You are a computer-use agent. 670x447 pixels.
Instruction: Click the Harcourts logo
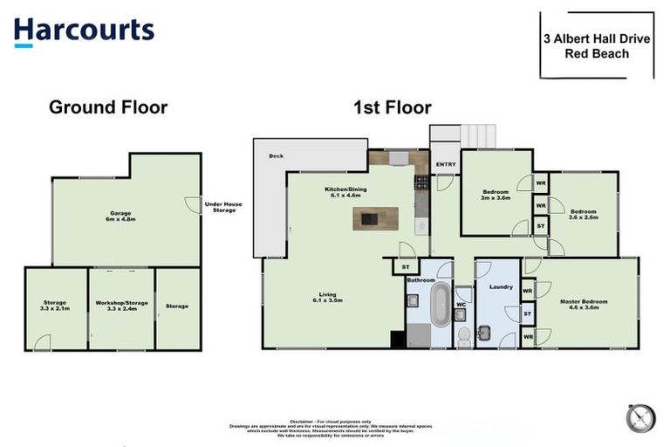click(x=84, y=31)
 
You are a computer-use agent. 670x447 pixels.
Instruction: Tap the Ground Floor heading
click(x=107, y=107)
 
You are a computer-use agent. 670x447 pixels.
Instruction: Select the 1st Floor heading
click(x=392, y=107)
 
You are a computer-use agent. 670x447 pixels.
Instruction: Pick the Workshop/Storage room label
click(x=121, y=306)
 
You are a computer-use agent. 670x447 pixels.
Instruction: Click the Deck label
click(x=277, y=156)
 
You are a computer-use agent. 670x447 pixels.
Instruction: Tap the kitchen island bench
click(x=375, y=218)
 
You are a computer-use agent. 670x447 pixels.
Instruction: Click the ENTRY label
click(x=445, y=163)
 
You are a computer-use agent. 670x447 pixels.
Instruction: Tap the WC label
click(x=461, y=305)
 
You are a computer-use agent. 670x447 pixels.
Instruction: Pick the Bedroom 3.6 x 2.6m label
click(x=583, y=214)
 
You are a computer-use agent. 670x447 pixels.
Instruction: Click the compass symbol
click(x=639, y=417)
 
